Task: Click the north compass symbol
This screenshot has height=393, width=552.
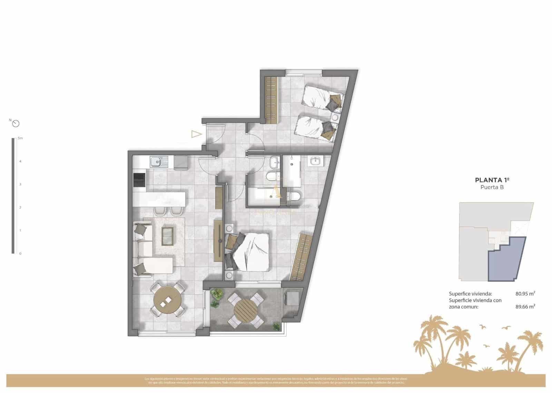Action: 16,123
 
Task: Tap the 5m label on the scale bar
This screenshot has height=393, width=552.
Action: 20,138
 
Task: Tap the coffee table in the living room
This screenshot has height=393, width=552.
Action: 168,236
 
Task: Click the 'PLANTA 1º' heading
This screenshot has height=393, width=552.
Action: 492,180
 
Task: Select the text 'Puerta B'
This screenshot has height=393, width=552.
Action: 492,187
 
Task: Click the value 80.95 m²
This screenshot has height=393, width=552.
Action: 525,294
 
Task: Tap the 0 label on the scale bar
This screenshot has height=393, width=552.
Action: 20,254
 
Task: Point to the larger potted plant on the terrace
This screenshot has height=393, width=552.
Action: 217,294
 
